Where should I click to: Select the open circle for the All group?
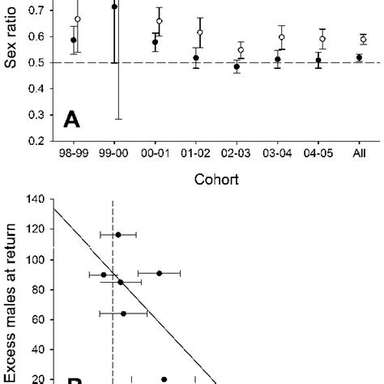[x=363, y=39]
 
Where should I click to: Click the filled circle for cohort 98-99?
[x=74, y=40]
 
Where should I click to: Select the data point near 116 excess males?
[x=118, y=234]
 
